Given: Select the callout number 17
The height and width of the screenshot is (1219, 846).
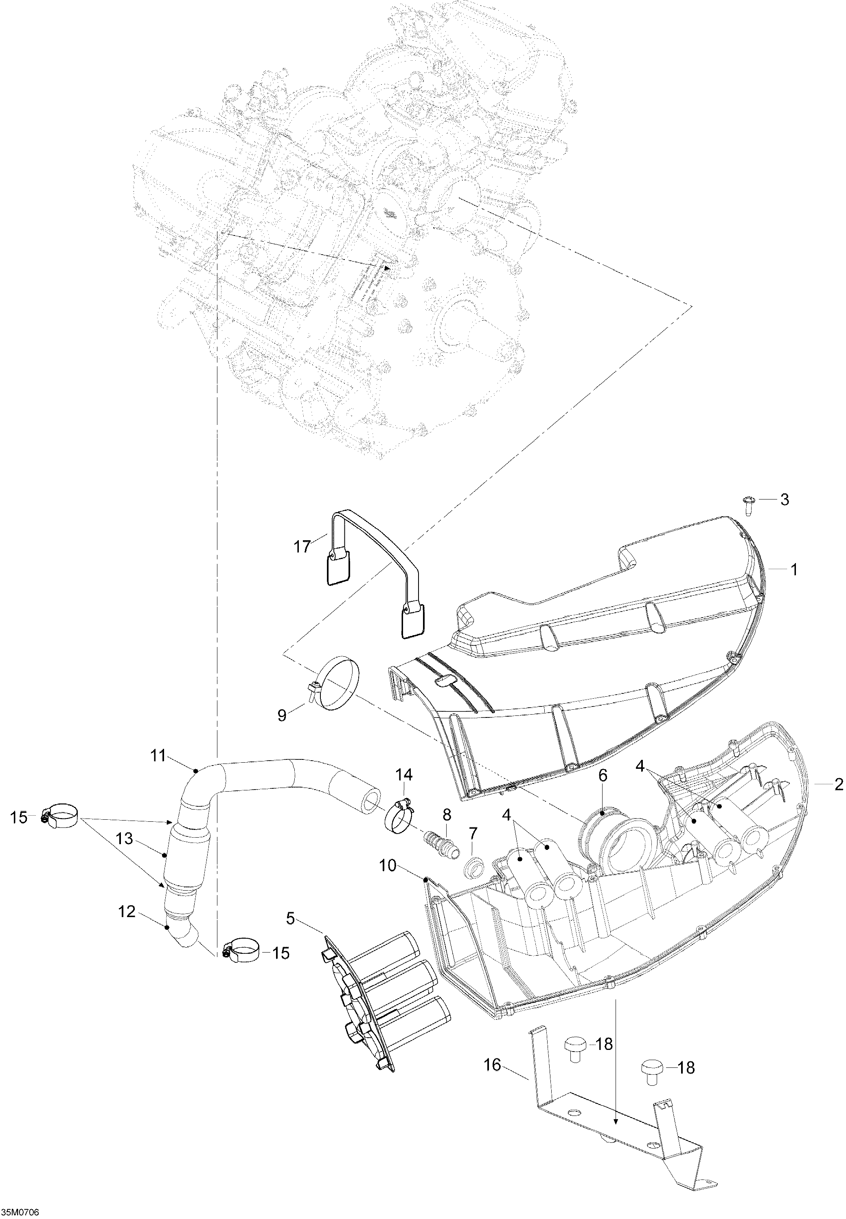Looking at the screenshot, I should click(x=302, y=546).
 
